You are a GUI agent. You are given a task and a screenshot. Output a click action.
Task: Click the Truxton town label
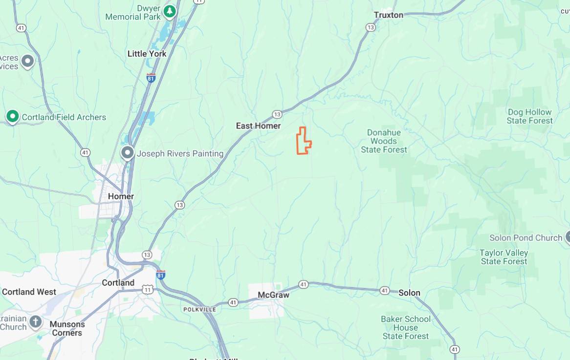click(x=389, y=15)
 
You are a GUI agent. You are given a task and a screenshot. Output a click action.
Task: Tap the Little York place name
click(x=147, y=54)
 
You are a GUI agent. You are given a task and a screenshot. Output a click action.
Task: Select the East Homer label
click(x=258, y=126)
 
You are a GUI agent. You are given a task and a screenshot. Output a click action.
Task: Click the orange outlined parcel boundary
click(x=303, y=141)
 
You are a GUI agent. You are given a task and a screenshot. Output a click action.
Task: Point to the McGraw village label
click(x=273, y=295)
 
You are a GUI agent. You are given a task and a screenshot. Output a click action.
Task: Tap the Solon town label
click(x=409, y=293)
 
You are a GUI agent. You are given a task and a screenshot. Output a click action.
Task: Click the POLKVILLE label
click(x=199, y=310)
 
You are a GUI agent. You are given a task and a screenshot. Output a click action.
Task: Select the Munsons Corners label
click(x=67, y=328)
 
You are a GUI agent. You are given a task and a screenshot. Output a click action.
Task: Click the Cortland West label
click(x=29, y=292)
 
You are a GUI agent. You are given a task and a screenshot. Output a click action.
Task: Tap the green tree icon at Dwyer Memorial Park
click(x=170, y=11)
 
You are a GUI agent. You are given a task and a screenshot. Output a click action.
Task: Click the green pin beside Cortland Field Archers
click(x=13, y=117)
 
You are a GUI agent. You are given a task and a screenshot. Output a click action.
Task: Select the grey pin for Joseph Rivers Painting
click(x=128, y=153)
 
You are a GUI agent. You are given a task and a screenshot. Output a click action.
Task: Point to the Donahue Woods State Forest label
click(x=384, y=141)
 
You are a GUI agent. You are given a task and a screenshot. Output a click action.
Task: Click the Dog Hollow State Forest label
click(x=529, y=116)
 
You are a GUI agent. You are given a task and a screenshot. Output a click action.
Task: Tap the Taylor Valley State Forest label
click(x=504, y=257)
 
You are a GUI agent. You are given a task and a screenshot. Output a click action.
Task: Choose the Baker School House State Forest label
click(x=406, y=327)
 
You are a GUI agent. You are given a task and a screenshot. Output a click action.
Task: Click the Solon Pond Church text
click(x=526, y=238)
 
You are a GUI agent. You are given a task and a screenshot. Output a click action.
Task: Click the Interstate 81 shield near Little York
click(x=151, y=78)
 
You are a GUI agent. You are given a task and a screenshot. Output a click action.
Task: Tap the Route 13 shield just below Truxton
click(x=371, y=27)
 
